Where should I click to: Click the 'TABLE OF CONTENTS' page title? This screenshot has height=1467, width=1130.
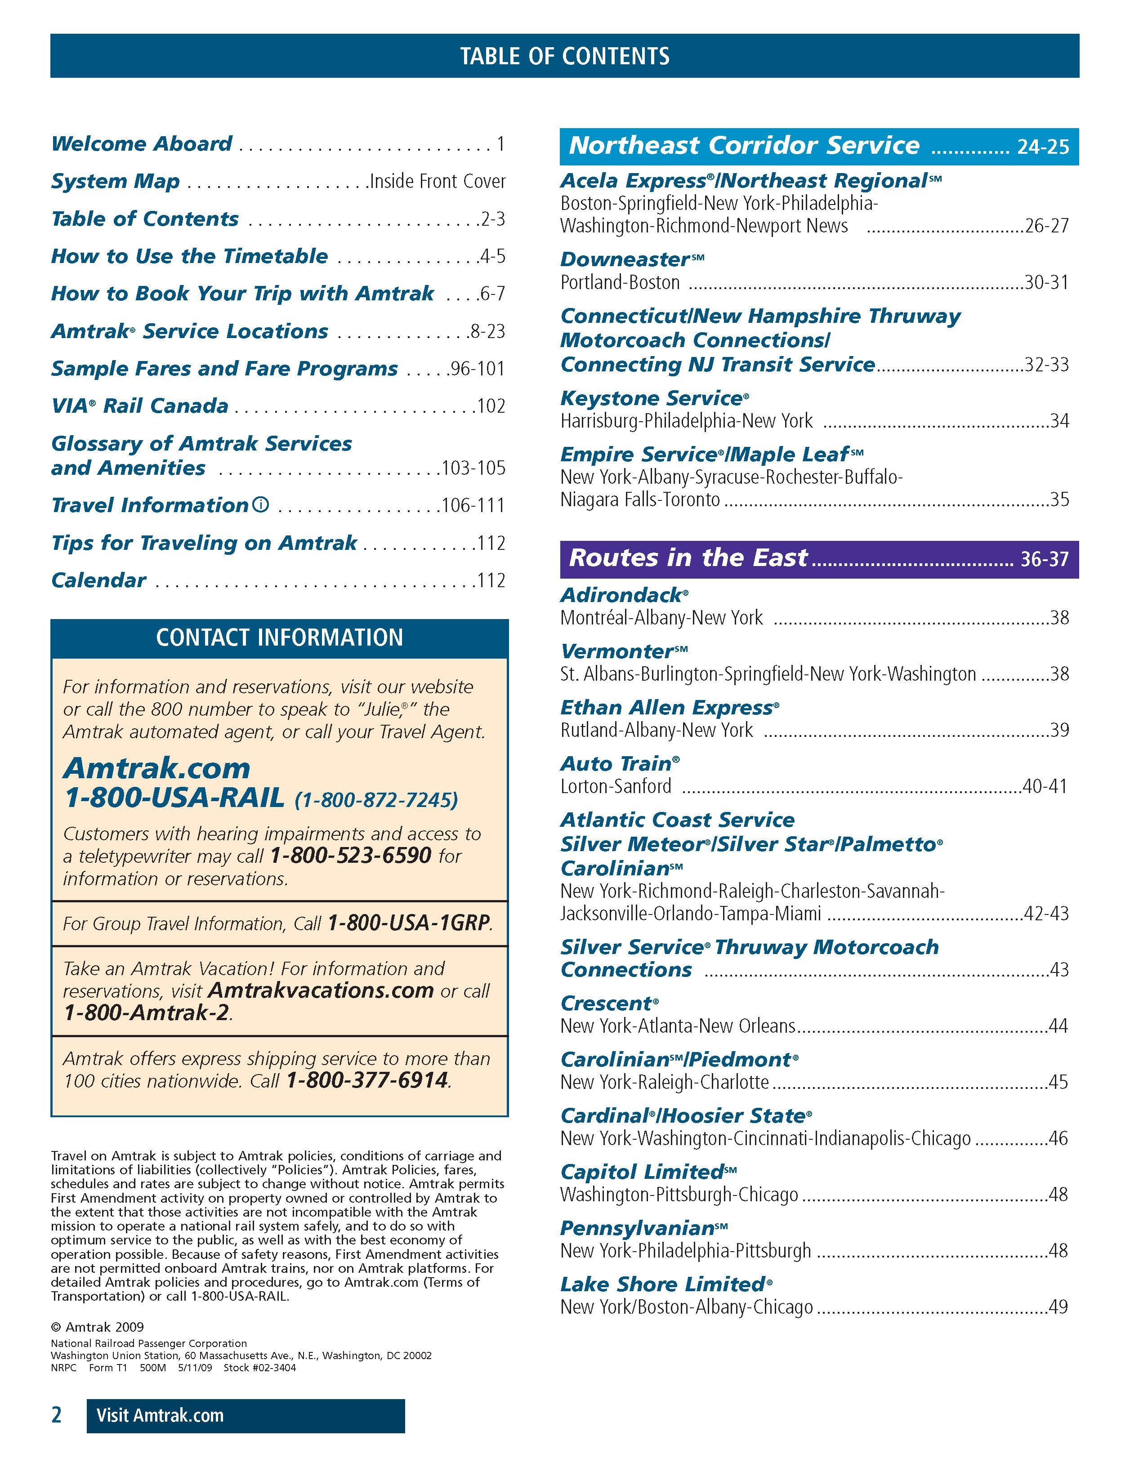pos(564,56)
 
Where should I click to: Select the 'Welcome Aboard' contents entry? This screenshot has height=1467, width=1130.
pos(142,144)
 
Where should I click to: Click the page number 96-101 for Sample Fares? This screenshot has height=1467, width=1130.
pos(477,369)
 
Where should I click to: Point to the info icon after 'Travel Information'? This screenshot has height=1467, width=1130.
pos(261,504)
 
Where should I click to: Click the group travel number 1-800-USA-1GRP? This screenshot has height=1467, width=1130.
pos(408,923)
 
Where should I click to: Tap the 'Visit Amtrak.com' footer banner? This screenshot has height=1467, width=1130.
pos(245,1415)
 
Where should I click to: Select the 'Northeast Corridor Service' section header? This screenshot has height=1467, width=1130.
pos(744,146)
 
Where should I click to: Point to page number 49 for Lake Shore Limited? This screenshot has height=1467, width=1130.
pos(1058,1306)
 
